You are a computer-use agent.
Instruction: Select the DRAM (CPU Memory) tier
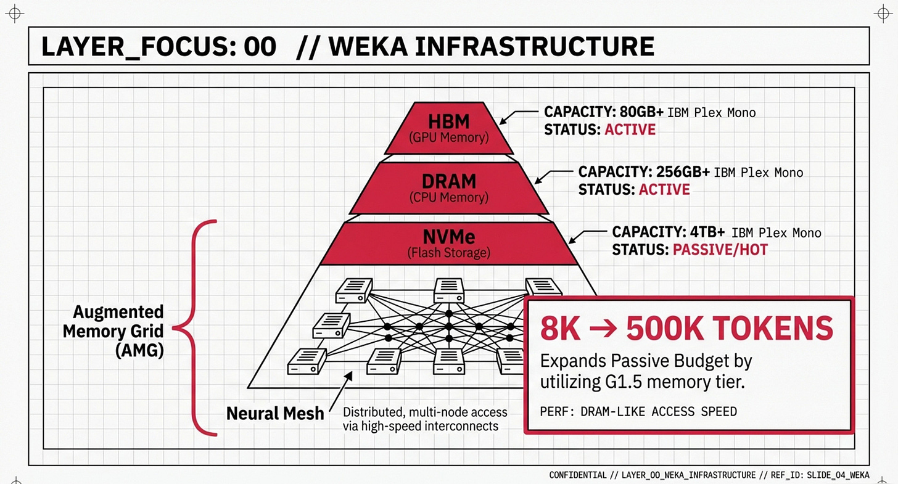448,187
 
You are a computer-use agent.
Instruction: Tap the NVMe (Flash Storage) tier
448,244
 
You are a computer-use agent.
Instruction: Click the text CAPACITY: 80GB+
603,113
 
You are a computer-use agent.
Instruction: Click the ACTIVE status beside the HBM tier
630,130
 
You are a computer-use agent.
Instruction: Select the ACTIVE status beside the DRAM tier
664,189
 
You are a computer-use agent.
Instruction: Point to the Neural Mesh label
274,412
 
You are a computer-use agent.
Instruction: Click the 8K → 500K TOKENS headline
686,329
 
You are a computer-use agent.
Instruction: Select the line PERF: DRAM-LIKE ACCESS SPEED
638,411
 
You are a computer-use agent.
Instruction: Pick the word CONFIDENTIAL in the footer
578,475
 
